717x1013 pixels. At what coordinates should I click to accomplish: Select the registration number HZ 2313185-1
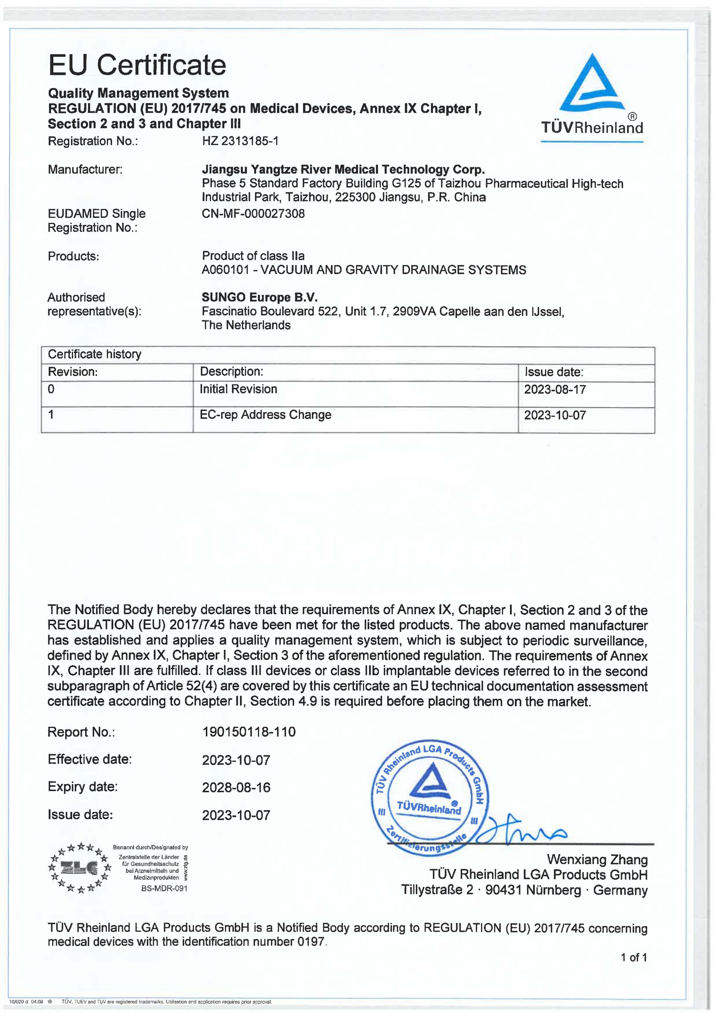(240, 141)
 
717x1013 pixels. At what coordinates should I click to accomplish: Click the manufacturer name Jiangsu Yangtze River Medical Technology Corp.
(343, 169)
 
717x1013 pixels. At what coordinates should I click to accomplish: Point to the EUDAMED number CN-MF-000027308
(253, 213)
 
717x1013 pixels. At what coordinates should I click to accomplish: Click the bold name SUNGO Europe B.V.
(260, 297)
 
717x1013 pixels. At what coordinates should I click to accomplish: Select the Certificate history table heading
(94, 354)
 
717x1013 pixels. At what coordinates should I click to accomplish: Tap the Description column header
(231, 372)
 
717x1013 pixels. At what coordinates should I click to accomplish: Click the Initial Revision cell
(238, 389)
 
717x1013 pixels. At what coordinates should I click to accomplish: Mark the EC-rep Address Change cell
(265, 415)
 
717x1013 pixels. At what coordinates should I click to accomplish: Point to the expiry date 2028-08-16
(236, 788)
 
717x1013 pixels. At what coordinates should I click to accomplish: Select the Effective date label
(90, 759)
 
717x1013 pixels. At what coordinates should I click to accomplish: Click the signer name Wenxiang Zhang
(597, 859)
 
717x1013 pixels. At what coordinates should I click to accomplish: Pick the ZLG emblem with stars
(80, 867)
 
